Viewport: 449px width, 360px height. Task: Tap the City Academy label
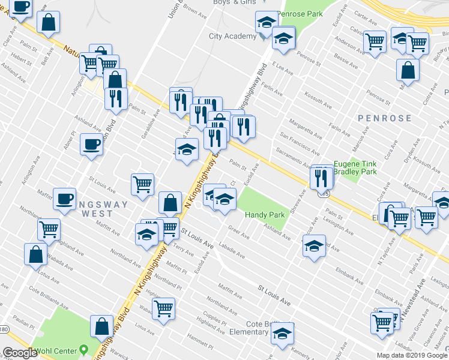coord(232,36)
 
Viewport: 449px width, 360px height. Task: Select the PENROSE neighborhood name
coord(384,118)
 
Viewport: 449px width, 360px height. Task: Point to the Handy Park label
coord(264,214)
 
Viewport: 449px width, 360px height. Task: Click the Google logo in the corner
coord(20,353)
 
